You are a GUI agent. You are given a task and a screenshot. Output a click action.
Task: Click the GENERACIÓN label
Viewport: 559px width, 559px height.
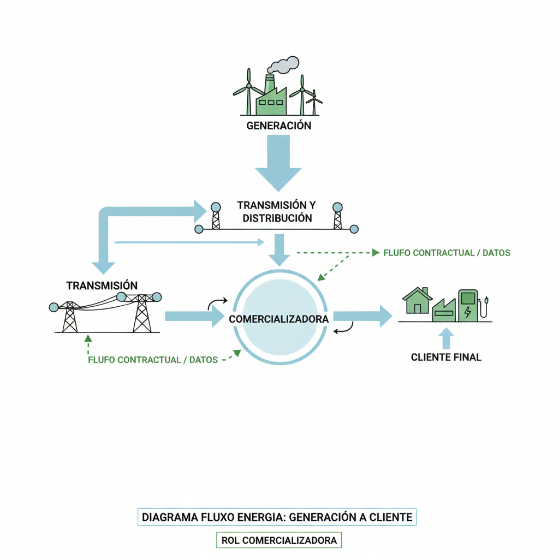coord(279,126)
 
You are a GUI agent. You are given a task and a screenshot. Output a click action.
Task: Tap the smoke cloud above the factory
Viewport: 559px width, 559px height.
coord(283,65)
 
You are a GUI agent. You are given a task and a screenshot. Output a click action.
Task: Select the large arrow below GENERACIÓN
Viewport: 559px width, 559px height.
coord(278,163)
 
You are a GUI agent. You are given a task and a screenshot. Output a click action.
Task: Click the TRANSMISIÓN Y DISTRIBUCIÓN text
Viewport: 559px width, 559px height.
coord(277,211)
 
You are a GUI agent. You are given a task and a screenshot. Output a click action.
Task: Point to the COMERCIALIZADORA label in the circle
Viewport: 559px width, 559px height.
coord(279,319)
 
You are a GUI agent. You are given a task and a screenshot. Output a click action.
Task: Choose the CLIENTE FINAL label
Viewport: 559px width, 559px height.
coord(446,357)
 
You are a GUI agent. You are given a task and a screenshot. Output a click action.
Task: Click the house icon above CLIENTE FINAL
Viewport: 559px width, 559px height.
coord(417,301)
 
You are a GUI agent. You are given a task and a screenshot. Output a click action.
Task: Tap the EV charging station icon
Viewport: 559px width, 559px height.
coord(472,306)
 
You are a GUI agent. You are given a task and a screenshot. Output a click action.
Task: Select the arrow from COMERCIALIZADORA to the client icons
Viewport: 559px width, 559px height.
coord(363,316)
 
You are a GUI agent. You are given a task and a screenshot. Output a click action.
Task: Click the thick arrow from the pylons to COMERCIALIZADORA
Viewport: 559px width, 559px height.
coord(195,316)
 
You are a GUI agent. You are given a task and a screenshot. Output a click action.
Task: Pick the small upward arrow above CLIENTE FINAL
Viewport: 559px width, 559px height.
coord(446,338)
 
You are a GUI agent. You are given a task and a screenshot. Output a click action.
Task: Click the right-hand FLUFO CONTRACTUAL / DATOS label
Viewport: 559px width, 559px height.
coord(447,253)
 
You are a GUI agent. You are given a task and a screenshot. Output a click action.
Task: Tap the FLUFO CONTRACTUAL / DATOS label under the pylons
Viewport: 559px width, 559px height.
coord(153,360)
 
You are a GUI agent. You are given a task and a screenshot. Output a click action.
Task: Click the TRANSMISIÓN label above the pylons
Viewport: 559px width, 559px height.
coord(102,286)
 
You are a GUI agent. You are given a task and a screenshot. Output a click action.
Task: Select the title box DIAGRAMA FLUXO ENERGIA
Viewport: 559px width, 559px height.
coord(277,517)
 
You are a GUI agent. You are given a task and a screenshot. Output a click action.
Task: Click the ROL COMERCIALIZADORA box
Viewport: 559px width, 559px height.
coord(279,540)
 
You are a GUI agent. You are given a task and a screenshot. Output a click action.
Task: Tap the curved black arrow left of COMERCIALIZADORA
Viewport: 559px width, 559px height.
coord(217,304)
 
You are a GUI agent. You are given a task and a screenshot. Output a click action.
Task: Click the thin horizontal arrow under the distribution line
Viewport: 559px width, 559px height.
coord(189,242)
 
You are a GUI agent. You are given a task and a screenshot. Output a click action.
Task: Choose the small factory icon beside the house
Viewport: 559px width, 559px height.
coord(444,310)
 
